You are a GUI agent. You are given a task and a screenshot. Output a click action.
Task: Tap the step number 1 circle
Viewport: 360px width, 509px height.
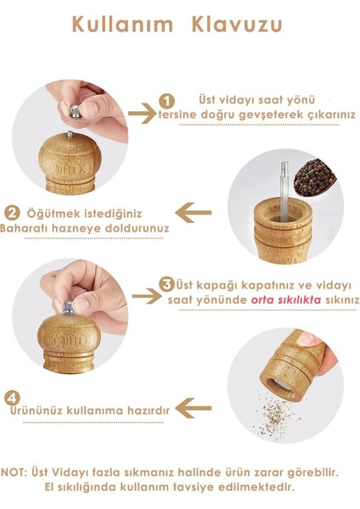167,101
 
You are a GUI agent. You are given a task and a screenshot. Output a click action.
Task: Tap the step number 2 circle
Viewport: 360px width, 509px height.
13,212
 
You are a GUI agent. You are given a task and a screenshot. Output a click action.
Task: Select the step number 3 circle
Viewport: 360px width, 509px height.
168,284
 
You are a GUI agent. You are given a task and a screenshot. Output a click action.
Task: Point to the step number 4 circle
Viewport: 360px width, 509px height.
12,396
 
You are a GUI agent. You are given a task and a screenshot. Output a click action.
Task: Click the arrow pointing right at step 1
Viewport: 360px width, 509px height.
143,111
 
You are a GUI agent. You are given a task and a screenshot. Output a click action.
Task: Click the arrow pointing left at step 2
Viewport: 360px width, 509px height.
198,210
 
